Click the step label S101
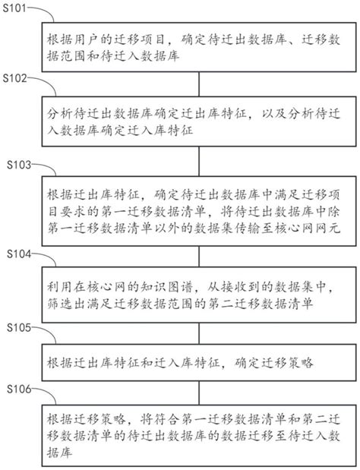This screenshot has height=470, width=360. (x=16, y=8)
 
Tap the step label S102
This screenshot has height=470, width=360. (x=16, y=79)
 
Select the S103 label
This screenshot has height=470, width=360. (x=16, y=164)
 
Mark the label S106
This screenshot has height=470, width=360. (x=16, y=388)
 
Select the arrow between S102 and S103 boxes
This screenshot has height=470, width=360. (x=198, y=159)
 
